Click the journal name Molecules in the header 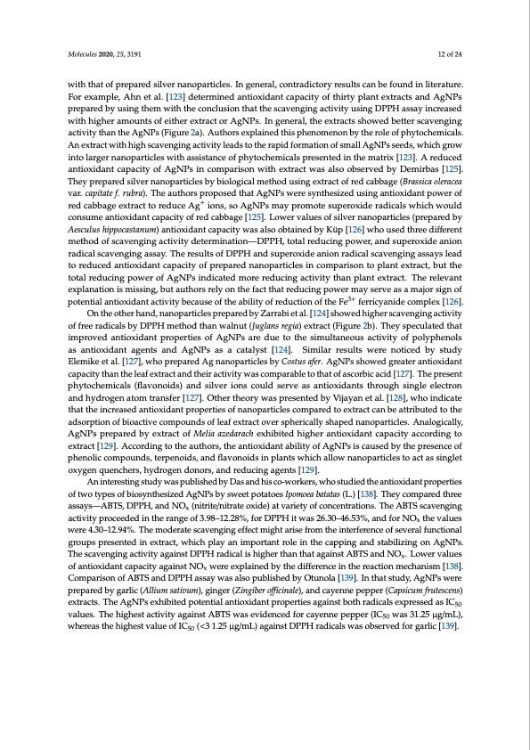click(x=82, y=55)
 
